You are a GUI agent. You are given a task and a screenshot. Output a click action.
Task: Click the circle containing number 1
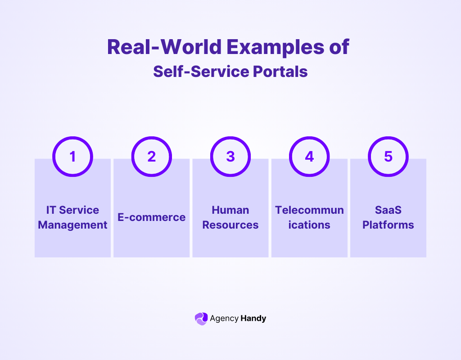[72, 156]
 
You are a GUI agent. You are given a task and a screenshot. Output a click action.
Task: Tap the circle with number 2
[151, 156]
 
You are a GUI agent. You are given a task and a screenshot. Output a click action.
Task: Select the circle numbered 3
[230, 156]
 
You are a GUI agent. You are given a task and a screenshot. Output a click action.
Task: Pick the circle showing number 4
[309, 156]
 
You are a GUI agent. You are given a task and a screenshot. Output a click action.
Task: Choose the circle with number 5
[388, 156]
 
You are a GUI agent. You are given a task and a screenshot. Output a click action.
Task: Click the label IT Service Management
[72, 217]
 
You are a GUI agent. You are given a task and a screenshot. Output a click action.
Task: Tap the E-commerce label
[151, 217]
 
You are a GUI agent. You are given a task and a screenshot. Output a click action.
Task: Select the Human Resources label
[230, 217]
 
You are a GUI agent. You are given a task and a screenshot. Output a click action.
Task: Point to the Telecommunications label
[309, 217]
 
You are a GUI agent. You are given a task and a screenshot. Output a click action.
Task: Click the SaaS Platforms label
[388, 217]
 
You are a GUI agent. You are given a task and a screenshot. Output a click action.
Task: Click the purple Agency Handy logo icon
[201, 319]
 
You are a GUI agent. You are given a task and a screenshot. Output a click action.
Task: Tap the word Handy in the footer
[253, 319]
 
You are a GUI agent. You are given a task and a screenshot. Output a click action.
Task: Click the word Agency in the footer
[224, 319]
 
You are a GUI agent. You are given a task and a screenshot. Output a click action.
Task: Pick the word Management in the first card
[72, 225]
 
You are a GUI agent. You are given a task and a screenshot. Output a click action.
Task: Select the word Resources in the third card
[230, 225]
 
